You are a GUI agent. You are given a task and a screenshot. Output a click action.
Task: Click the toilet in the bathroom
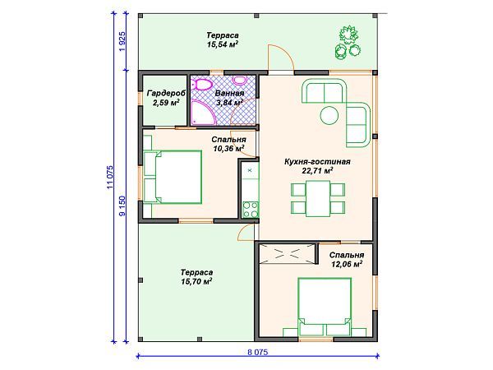[203, 85]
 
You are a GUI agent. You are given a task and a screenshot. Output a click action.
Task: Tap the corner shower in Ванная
[203, 113]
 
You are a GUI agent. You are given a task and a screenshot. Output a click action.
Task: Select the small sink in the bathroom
[240, 81]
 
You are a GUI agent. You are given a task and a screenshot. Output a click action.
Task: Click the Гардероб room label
[166, 93]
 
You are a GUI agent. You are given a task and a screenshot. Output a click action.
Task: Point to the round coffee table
[329, 115]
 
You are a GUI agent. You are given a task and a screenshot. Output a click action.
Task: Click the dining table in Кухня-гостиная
[318, 198]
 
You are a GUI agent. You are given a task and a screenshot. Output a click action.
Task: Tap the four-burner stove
[251, 210]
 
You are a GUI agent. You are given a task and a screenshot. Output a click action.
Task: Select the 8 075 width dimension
[257, 352]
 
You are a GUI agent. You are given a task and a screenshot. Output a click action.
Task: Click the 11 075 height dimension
[110, 177]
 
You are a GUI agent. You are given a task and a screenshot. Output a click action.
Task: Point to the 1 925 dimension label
[122, 42]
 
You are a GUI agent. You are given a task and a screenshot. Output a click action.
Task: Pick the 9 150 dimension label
[122, 206]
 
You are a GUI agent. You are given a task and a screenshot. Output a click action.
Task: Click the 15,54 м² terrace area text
[223, 44]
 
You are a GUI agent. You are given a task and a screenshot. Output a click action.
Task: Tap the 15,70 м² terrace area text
[196, 281]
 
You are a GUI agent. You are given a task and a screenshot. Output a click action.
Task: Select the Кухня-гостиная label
[317, 162]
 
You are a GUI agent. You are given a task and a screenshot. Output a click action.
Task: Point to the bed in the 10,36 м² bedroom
[173, 177]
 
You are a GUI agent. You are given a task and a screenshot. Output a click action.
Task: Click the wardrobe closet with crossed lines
[287, 253]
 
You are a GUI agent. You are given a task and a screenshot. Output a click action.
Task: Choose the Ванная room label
[229, 93]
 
